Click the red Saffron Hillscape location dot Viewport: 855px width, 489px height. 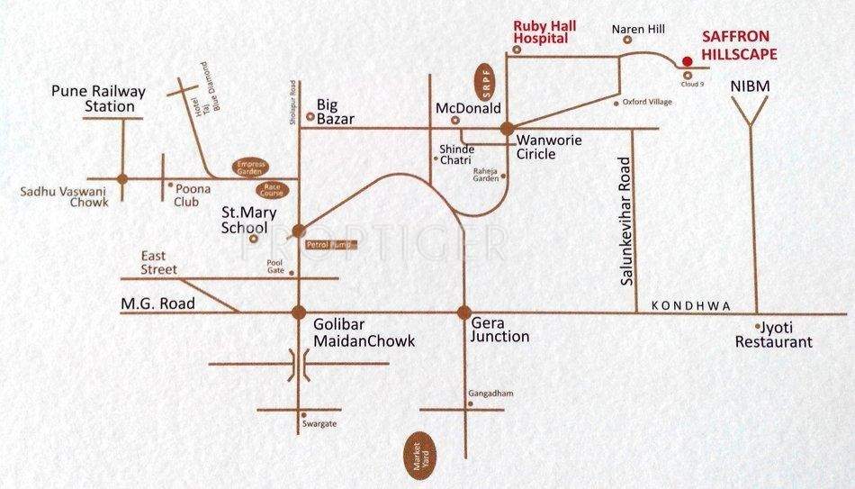click(687, 61)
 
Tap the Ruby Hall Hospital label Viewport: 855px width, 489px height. click(541, 32)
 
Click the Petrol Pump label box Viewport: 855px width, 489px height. click(331, 243)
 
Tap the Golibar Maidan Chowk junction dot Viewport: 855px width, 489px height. click(298, 312)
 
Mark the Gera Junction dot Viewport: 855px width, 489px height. click(464, 312)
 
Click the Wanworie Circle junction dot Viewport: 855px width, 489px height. click(507, 128)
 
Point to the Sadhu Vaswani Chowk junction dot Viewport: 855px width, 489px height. click(122, 179)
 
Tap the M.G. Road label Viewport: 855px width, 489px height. click(157, 304)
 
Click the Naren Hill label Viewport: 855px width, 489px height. click(638, 29)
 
